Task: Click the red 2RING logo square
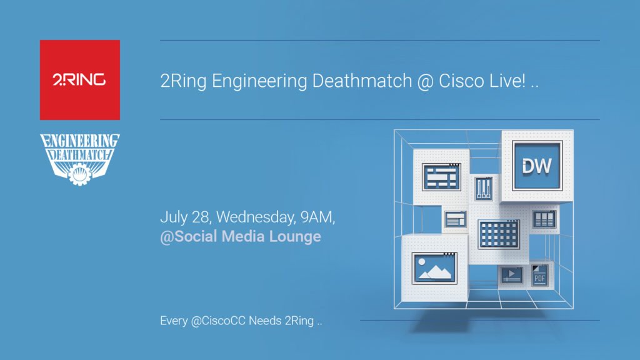[x=80, y=80]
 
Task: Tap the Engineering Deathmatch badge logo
[x=80, y=159]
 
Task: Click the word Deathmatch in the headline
[x=362, y=81]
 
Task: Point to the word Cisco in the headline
[x=461, y=81]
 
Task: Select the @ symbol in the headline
[x=425, y=81]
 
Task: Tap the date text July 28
[x=186, y=217]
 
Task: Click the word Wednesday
[x=256, y=217]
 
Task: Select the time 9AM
[x=317, y=217]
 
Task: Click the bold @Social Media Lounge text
[x=241, y=237]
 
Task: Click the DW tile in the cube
[x=537, y=166]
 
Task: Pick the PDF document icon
[x=539, y=276]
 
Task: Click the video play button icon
[x=511, y=275]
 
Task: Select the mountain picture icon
[x=434, y=268]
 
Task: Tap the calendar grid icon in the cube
[x=498, y=234]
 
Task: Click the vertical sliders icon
[x=484, y=189]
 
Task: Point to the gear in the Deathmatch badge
[x=79, y=174]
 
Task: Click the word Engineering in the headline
[x=259, y=81]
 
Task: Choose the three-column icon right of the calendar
[x=544, y=219]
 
